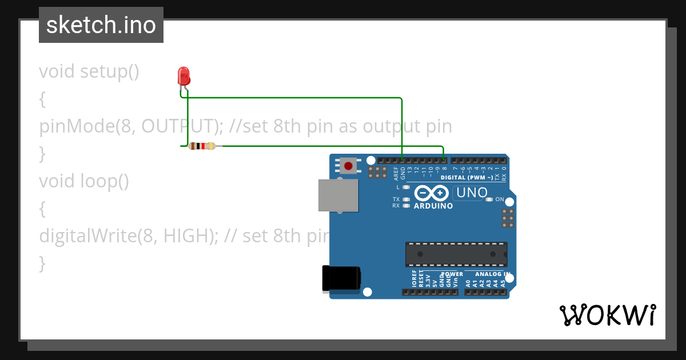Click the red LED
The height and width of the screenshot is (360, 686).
tap(184, 76)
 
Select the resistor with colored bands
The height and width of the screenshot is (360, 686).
tap(202, 146)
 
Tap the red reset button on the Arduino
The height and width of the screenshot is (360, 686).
tap(348, 166)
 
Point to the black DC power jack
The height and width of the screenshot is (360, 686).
tap(341, 278)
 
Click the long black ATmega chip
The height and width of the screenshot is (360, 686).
tap(456, 254)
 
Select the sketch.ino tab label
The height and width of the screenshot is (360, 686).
tap(101, 25)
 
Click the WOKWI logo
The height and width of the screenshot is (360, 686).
tap(608, 315)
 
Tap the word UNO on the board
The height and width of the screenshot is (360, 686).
tap(472, 193)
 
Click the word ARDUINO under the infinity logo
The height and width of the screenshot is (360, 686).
tap(433, 206)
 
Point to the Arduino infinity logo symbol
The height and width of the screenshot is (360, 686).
tap(433, 193)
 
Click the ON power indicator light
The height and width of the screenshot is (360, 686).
tap(489, 199)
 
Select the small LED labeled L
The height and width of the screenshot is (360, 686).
tap(406, 187)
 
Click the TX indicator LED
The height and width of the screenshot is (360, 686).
tap(406, 199)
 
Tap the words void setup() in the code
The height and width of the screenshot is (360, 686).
tap(89, 71)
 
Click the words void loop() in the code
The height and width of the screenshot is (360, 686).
tap(84, 181)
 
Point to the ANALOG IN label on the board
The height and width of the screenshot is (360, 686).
tap(492, 274)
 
